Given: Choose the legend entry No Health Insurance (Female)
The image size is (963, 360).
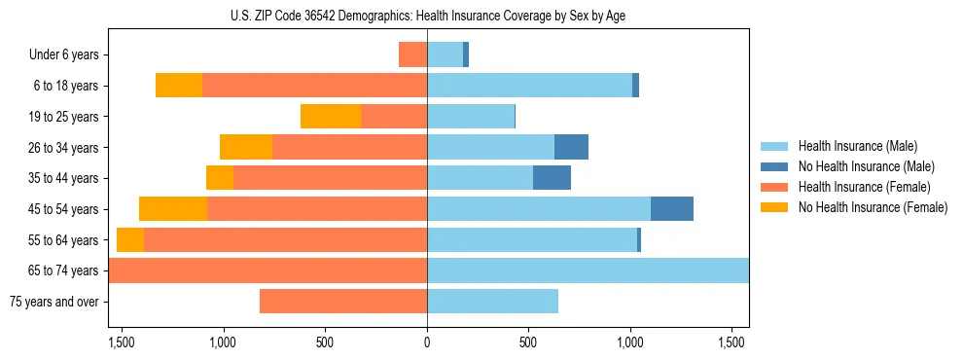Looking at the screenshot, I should pos(873,207).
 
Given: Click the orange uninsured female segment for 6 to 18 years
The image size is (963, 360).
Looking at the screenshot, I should pos(179,86).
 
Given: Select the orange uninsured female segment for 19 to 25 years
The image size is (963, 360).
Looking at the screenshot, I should pos(331,117).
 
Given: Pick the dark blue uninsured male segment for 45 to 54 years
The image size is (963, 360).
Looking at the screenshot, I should pos(671,209).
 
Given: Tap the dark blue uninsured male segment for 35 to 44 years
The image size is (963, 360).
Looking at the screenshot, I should pos(552,178).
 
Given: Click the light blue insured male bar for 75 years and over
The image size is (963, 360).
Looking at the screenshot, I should pos(492,302).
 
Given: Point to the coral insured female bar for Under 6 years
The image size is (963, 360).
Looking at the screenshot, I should pos(412,55).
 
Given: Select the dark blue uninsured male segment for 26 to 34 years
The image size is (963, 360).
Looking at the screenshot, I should pos(571,147).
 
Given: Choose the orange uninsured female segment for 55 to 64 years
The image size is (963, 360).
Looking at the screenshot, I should pos(130,240).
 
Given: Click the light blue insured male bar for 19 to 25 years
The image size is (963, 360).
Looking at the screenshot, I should pos(471,117).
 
